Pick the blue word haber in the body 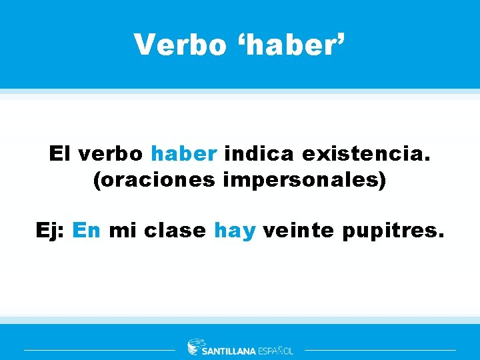pyautogui.click(x=184, y=154)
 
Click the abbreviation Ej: pyautogui.click(x=51, y=231)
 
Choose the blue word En pyautogui.click(x=86, y=231)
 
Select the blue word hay pyautogui.click(x=235, y=231)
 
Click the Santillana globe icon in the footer pyautogui.click(x=194, y=347)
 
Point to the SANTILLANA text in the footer pyautogui.click(x=228, y=351)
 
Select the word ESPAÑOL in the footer pyautogui.click(x=275, y=351)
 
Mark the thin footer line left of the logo pyautogui.click(x=99, y=349)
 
